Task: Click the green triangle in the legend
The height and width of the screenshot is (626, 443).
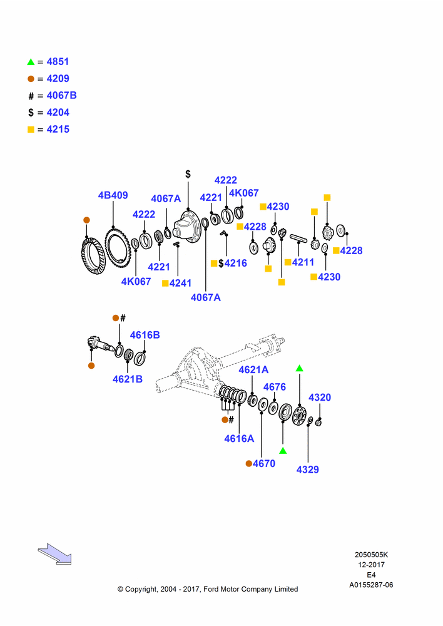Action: [x=31, y=62]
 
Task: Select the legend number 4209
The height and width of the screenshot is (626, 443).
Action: [x=58, y=79]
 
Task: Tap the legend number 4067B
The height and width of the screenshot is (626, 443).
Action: [x=61, y=95]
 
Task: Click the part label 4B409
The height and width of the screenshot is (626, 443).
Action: [x=113, y=195]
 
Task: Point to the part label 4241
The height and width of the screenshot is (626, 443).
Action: [x=180, y=283]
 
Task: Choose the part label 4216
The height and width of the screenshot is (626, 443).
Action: [x=235, y=263]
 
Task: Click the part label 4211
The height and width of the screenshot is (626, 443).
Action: [x=303, y=262]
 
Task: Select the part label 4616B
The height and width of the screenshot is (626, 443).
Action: [x=145, y=335]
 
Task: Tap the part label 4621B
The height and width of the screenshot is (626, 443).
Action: [x=127, y=379]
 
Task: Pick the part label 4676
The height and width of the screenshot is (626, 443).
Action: [x=275, y=387]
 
